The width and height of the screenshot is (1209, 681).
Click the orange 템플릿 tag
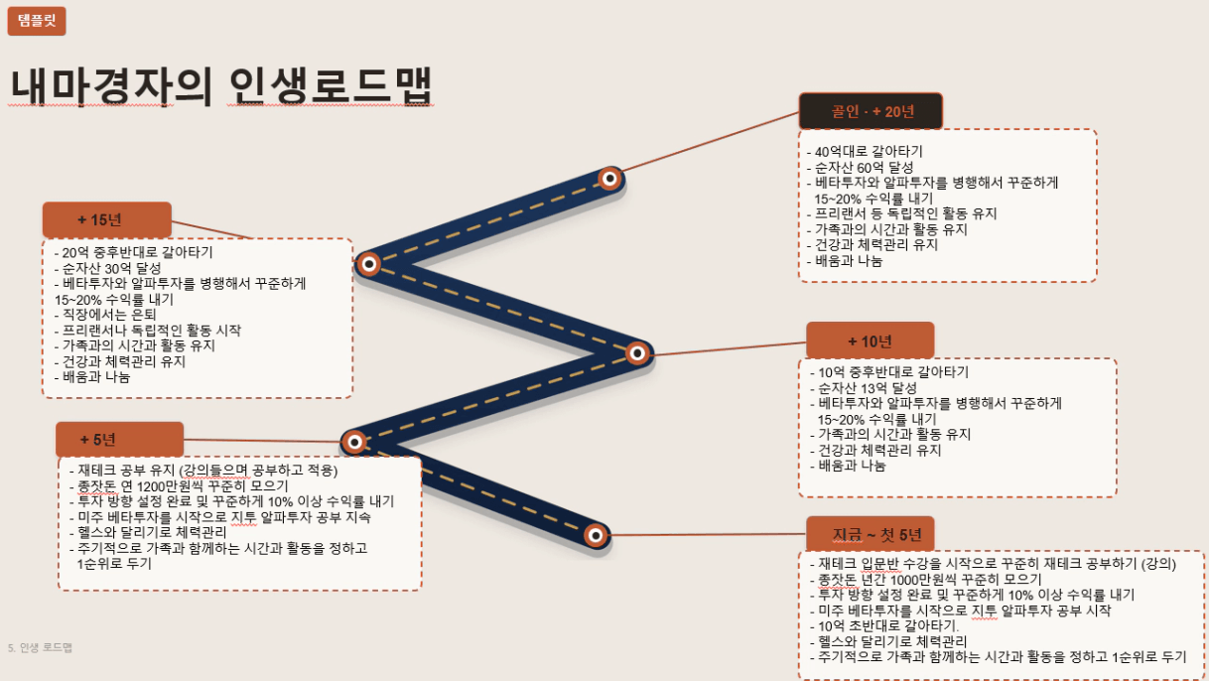[x=37, y=21]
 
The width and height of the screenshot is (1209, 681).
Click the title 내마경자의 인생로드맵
[x=221, y=85]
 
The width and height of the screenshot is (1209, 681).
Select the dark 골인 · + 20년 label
[x=871, y=111]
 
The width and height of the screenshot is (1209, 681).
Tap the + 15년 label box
[x=107, y=219]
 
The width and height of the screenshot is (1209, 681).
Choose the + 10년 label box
[x=871, y=340]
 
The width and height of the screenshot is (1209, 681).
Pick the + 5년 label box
[x=119, y=439]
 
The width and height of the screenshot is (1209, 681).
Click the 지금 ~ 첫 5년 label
[x=871, y=534]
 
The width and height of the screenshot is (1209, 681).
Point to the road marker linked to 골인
[x=609, y=178]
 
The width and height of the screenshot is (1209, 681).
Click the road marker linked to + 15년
[x=369, y=264]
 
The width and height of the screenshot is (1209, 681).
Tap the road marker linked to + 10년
[x=637, y=353]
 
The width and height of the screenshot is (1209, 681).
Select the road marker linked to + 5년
[x=354, y=443]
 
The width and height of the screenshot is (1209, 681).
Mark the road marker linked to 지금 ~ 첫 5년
[x=596, y=535]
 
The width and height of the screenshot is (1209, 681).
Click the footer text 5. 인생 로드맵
[x=40, y=647]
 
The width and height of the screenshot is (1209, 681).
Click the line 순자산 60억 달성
[x=860, y=168]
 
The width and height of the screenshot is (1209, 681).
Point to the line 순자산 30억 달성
[x=107, y=268]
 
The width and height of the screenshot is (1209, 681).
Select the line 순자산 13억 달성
[x=863, y=388]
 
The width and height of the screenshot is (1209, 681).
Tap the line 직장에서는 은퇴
[x=105, y=315]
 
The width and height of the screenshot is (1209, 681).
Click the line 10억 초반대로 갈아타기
[x=884, y=626]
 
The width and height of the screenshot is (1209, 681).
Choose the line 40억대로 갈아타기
[x=865, y=152]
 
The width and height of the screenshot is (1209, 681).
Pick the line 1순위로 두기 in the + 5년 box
[x=114, y=564]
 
